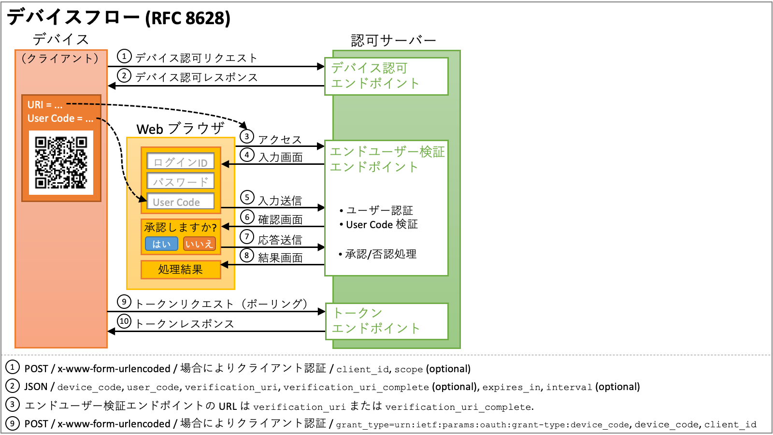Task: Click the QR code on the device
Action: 61,162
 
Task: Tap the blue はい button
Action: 161,244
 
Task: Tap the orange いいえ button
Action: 199,244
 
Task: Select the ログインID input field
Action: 180,162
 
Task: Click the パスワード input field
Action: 180,182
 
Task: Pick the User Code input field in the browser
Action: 180,202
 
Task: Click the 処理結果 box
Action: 181,270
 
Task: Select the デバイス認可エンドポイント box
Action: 386,76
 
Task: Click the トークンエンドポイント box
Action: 386,321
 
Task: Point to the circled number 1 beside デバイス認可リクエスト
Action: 124,57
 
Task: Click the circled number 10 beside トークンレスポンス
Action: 124,321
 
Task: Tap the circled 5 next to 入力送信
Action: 247,197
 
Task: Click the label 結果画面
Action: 280,258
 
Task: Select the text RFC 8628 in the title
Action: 190,18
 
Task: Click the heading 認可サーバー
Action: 393,40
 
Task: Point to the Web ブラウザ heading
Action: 180,129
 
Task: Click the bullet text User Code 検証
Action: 382,225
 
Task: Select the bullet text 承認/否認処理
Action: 381,254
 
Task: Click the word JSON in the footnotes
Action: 36,387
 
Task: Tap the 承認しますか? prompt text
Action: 180,227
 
